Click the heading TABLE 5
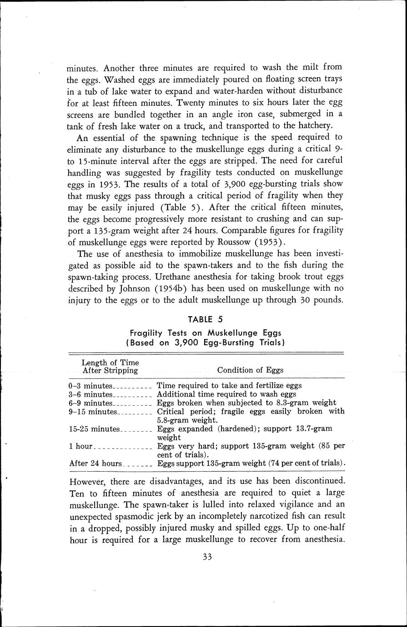coord(205,320)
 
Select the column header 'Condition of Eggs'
coord(250,370)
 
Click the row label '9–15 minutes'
coord(93,412)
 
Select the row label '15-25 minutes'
coord(94,429)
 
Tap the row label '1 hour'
coord(80,446)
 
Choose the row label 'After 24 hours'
coord(95,463)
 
